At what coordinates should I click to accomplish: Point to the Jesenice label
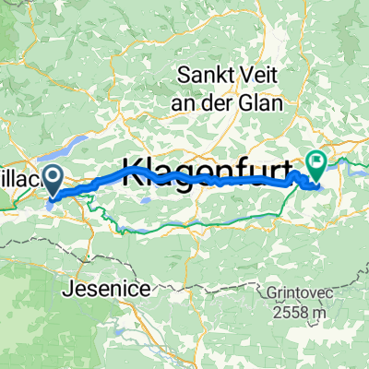point(110,289)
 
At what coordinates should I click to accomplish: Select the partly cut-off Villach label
point(18,180)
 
